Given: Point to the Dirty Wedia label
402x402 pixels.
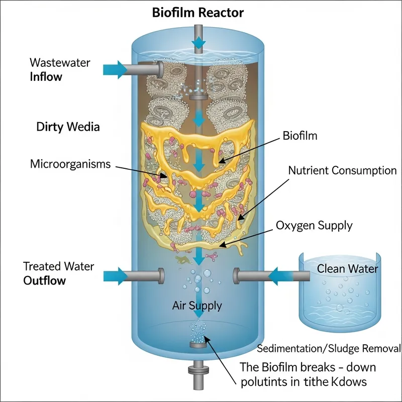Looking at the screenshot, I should [x=68, y=127].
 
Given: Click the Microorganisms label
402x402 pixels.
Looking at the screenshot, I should [x=70, y=164].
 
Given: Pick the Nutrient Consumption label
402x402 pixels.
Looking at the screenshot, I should [x=342, y=170].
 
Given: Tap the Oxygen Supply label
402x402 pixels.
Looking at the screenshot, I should [x=314, y=225].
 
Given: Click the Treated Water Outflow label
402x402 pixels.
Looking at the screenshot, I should [x=58, y=273].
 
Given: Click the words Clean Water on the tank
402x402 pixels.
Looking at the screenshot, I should [x=347, y=269].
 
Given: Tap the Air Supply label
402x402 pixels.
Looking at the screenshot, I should [x=197, y=305].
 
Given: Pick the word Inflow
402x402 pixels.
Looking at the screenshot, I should [x=46, y=77].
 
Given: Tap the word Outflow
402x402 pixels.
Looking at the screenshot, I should [x=45, y=280].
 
